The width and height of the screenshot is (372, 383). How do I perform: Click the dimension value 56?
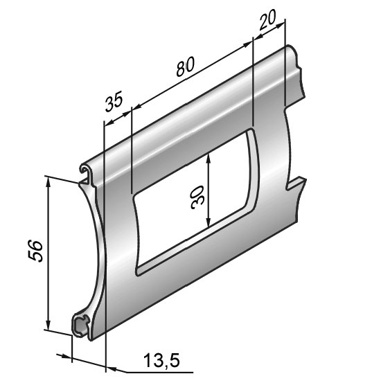pyautogui.click(x=35, y=251)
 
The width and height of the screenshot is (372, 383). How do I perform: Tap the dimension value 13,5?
pyautogui.click(x=161, y=361)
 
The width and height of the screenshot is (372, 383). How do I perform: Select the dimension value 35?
pyautogui.click(x=114, y=101)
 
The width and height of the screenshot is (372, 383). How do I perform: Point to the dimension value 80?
pyautogui.click(x=186, y=66)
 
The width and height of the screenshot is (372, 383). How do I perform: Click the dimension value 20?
pyautogui.click(x=267, y=19)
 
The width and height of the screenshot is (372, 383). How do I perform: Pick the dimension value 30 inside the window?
pyautogui.click(x=197, y=197)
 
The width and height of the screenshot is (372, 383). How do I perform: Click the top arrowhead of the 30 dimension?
pyautogui.click(x=208, y=158)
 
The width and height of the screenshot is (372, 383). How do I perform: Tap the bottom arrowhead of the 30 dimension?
pyautogui.click(x=208, y=222)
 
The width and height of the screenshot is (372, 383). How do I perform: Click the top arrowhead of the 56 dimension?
pyautogui.click(x=48, y=181)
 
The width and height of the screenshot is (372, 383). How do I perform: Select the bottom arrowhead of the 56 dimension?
pyautogui.click(x=48, y=324)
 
